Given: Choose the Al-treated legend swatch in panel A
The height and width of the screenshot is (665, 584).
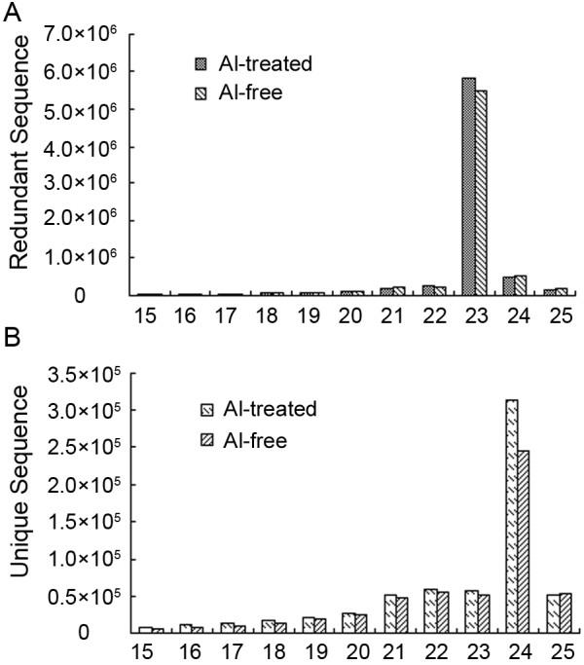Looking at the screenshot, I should click(x=201, y=64).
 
